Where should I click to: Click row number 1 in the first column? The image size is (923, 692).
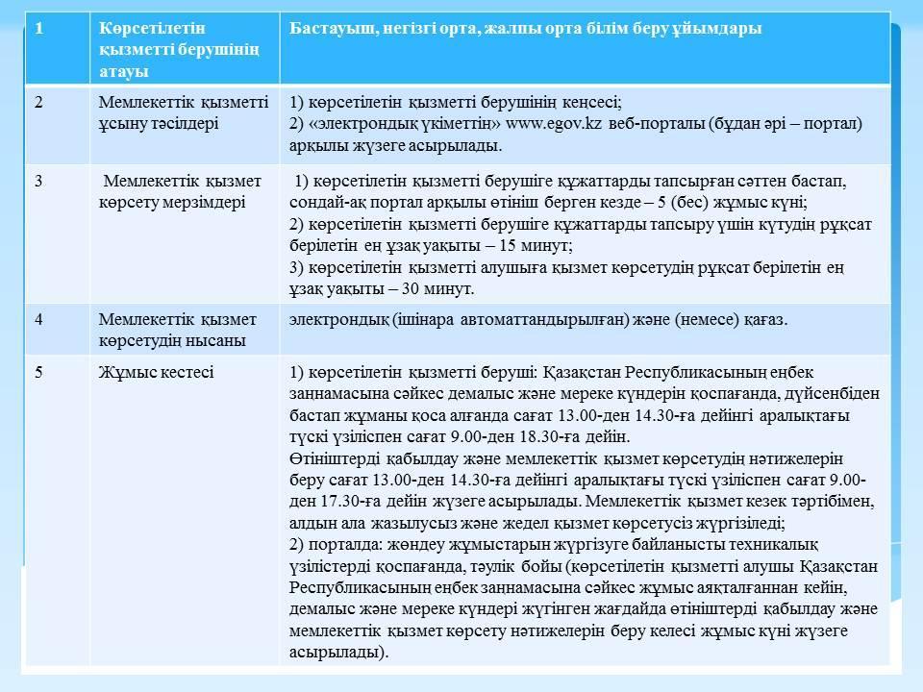coord(39,28)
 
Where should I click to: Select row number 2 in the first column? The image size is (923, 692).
coord(39,102)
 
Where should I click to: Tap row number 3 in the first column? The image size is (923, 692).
coord(39,180)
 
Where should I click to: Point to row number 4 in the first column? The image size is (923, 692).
coord(39,319)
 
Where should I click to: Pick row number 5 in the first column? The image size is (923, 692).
coord(39,372)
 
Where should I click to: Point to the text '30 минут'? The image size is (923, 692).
coord(443,288)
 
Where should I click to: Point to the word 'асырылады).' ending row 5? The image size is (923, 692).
coord(338,652)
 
